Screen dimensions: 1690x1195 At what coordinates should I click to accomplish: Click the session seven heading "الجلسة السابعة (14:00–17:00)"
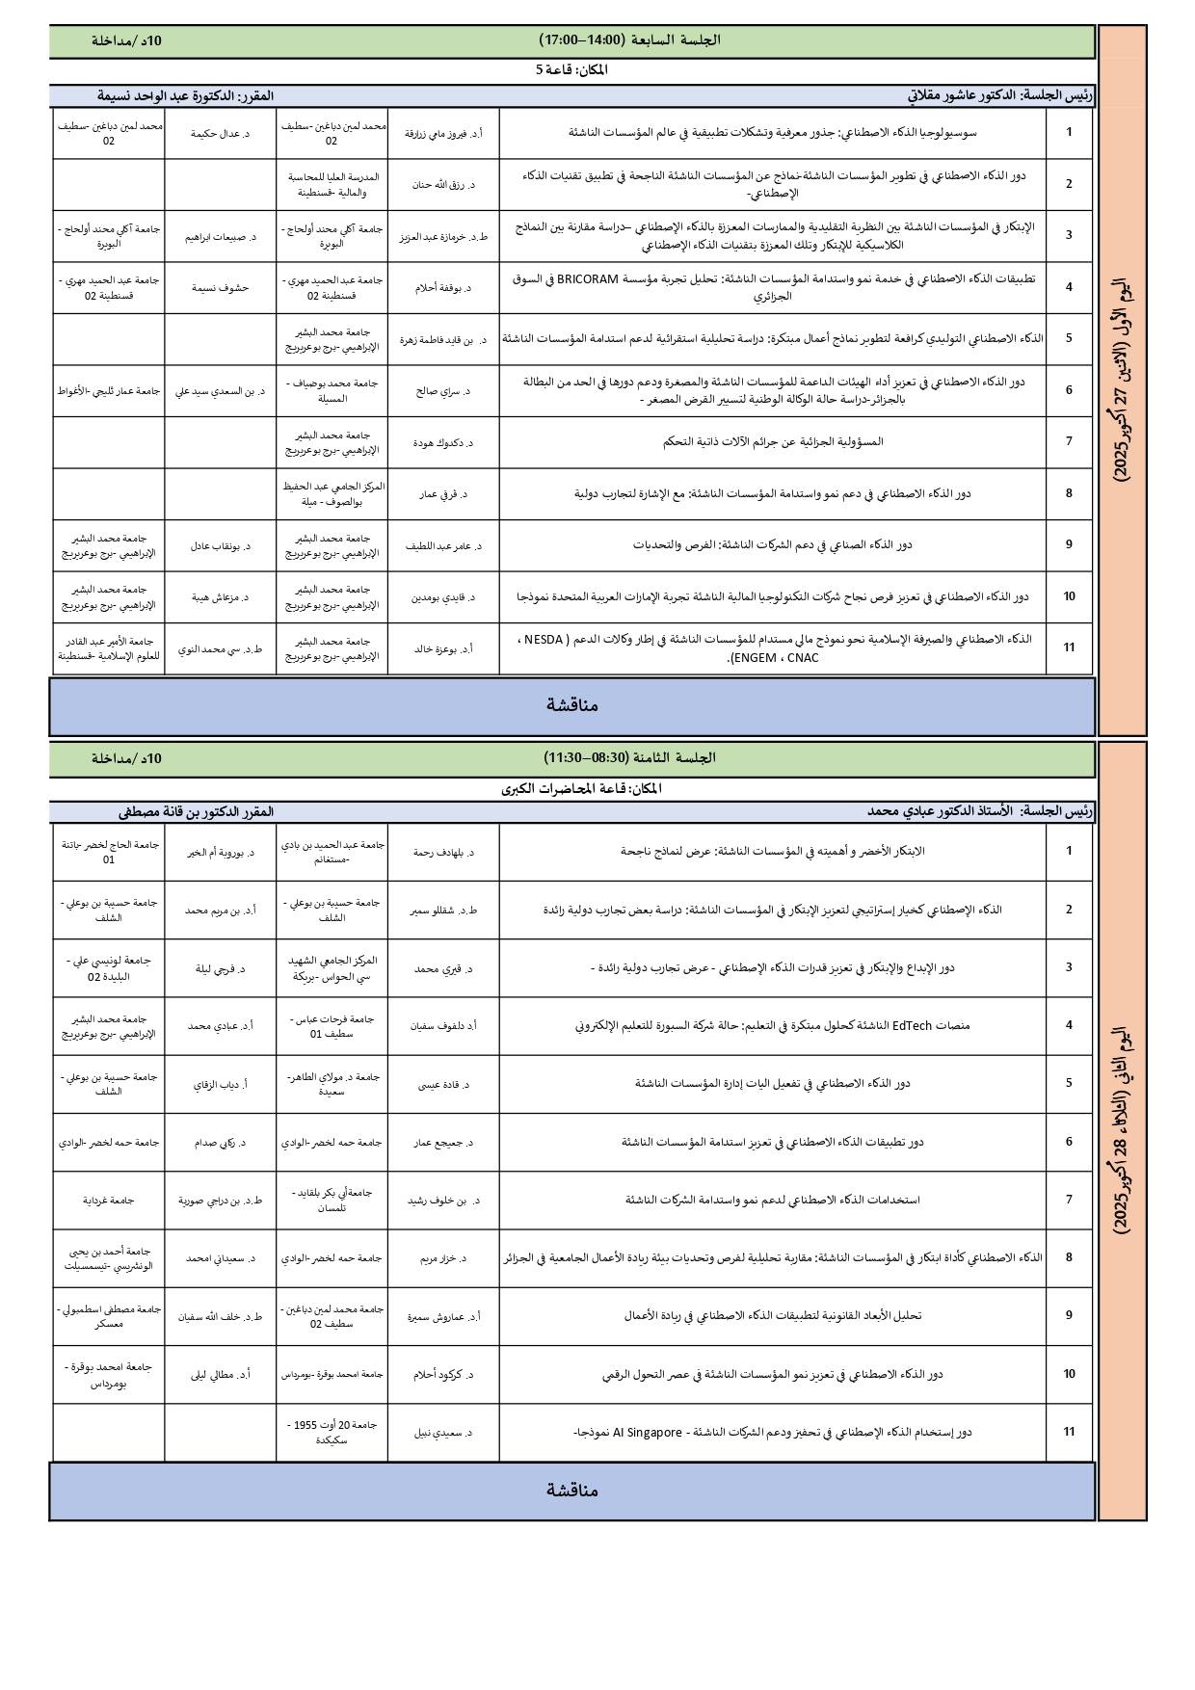coord(629,40)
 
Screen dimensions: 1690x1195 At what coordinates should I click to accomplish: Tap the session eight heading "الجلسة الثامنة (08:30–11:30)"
coord(629,758)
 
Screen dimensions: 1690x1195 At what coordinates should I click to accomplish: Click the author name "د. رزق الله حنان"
coord(443,184)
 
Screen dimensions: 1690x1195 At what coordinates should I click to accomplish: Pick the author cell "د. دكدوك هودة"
coord(443,442)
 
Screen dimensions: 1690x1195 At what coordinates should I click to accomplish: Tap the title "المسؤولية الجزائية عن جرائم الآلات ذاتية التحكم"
coord(773,441)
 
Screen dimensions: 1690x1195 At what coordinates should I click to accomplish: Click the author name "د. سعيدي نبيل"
coord(443,1433)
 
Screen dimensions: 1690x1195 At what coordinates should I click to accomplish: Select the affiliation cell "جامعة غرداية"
coord(108,1200)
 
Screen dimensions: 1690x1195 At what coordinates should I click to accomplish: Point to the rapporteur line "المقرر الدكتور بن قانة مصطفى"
coord(196,811)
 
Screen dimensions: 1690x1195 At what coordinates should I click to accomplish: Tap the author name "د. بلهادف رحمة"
coord(443,852)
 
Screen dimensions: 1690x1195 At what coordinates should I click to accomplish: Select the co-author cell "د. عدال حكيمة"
coord(220,133)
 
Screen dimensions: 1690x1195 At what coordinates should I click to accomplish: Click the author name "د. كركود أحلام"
coord(443,1374)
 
